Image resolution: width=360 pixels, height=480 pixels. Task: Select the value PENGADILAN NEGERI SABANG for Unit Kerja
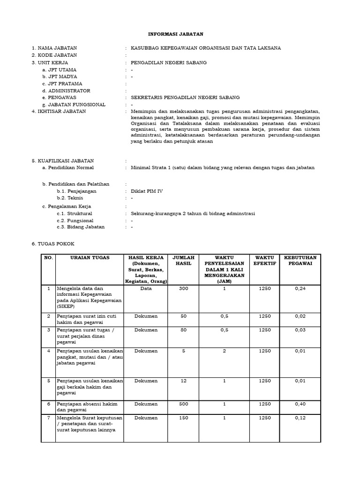pyautogui.click(x=169, y=62)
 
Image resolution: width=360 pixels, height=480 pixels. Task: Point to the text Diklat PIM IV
pyautogui.click(x=147, y=191)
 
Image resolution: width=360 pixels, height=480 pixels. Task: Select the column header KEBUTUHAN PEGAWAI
pyautogui.click(x=300, y=260)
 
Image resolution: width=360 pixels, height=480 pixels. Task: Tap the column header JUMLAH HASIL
pyautogui.click(x=183, y=260)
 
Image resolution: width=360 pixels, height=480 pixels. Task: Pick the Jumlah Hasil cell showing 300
pyautogui.click(x=183, y=288)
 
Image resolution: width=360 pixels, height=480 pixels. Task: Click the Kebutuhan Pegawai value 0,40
pyautogui.click(x=300, y=404)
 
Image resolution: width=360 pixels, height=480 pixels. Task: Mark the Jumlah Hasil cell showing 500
pyautogui.click(x=183, y=404)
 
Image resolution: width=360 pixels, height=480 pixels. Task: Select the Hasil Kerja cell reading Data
pyautogui.click(x=146, y=288)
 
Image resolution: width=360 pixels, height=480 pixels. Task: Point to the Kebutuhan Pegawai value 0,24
pyautogui.click(x=300, y=288)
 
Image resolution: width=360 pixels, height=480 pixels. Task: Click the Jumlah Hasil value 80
pyautogui.click(x=183, y=330)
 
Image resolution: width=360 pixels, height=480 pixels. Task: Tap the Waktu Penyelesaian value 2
pyautogui.click(x=224, y=351)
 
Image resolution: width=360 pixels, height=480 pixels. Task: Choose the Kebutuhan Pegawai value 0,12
pyautogui.click(x=300, y=418)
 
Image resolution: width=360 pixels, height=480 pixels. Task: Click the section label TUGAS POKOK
pyautogui.click(x=55, y=244)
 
